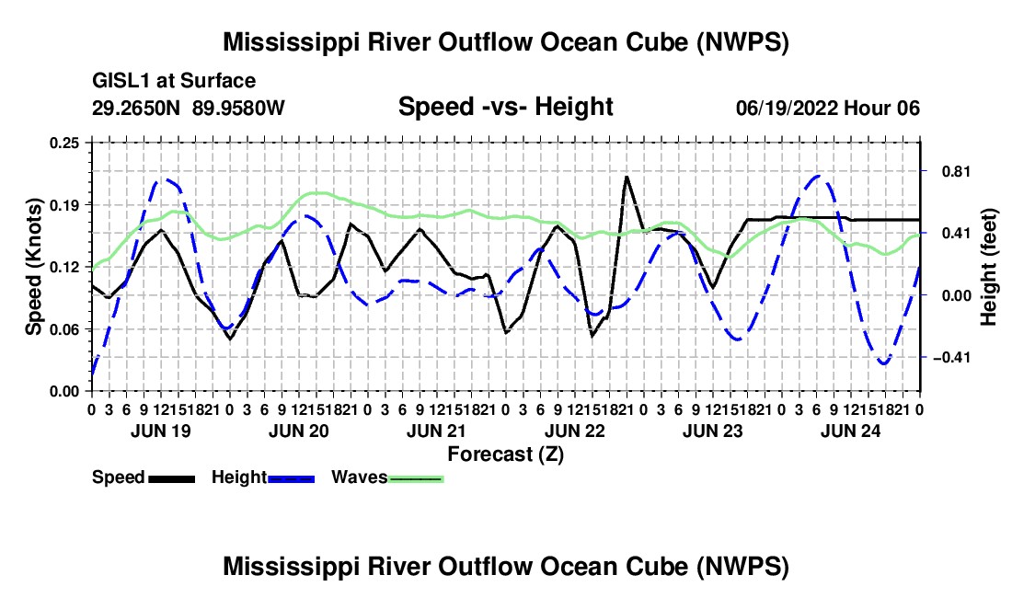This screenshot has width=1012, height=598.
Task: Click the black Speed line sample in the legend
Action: click(x=171, y=479)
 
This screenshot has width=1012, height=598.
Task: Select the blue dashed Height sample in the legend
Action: click(x=291, y=479)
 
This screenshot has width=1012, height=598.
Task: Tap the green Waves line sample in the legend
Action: click(x=416, y=479)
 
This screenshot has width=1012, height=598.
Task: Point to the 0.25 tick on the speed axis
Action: click(x=64, y=143)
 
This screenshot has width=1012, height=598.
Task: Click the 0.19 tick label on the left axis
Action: click(x=64, y=205)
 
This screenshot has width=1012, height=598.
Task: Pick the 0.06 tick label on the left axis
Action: click(x=64, y=329)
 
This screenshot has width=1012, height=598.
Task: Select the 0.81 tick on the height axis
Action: click(x=956, y=172)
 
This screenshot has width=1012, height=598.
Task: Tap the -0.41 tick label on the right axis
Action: click(x=951, y=357)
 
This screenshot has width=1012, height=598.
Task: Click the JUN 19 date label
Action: click(x=161, y=431)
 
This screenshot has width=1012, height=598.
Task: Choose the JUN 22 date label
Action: click(x=575, y=431)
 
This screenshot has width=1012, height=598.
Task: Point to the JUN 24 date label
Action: click(x=851, y=431)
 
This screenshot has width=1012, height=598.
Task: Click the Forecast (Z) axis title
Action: click(x=506, y=454)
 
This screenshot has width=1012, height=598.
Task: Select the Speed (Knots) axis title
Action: click(x=33, y=267)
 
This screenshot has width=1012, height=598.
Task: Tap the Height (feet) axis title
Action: click(x=989, y=267)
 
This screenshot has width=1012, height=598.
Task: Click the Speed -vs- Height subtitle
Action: click(x=506, y=107)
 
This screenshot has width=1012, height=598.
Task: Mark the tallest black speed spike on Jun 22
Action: click(x=626, y=176)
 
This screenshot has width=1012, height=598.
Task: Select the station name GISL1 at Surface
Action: click(x=174, y=81)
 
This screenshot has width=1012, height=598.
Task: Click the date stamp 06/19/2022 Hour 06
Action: click(x=828, y=108)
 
